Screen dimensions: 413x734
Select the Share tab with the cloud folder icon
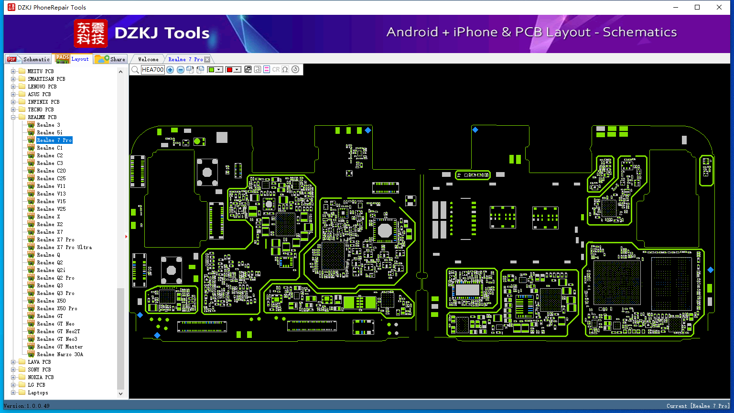tap(111, 59)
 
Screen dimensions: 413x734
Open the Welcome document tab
tap(148, 59)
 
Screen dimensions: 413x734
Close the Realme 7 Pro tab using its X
tap(207, 59)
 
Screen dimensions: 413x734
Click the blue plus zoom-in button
tap(170, 70)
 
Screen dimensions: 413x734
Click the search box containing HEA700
tap(152, 70)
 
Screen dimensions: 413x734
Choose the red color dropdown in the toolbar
tap(233, 70)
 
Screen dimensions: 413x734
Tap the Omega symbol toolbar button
tap(285, 70)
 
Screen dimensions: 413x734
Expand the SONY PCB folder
tap(13, 370)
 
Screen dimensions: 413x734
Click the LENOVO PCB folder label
tap(42, 87)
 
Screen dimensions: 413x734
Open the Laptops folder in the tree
tap(38, 392)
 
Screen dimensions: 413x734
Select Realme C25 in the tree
tap(51, 178)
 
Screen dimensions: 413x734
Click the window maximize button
tap(697, 7)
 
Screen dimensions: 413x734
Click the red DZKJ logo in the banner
tap(90, 33)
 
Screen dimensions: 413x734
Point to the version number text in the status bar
tap(26, 406)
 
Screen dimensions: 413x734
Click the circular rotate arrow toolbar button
tap(295, 70)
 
